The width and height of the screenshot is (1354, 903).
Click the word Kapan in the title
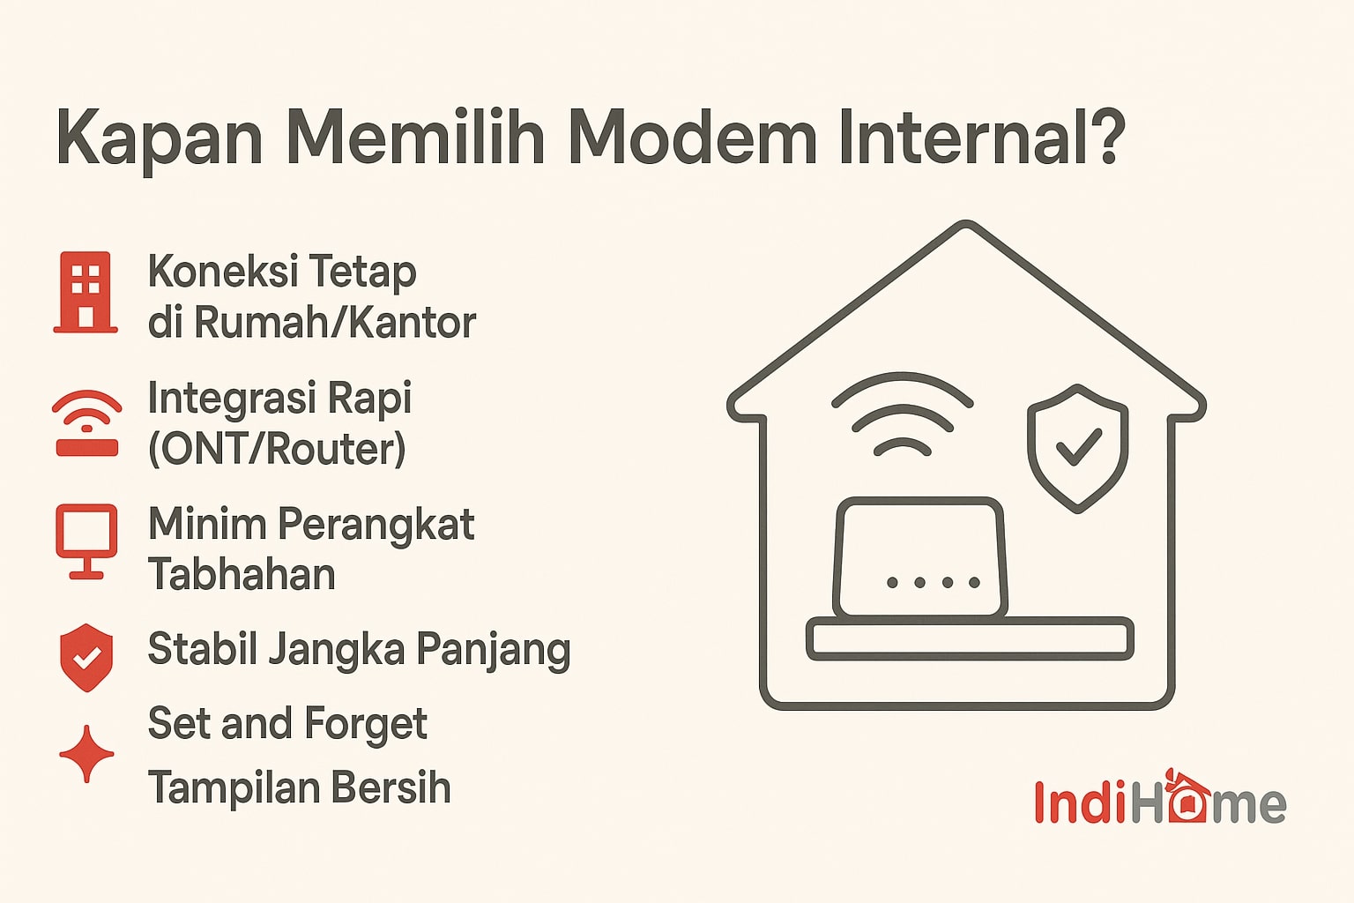pos(160,139)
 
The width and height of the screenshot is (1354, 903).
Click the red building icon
pos(86,292)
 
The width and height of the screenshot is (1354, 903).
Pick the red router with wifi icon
pos(86,423)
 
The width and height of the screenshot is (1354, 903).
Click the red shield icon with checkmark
pos(86,657)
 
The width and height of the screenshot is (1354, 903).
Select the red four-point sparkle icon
pos(86,754)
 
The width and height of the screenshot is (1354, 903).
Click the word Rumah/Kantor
pos(335,323)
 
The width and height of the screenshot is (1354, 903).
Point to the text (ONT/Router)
pos(277,449)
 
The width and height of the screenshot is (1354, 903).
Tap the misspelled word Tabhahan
pos(242,575)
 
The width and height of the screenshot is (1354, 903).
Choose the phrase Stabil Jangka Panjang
pos(359,651)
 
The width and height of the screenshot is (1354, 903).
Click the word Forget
pos(364,725)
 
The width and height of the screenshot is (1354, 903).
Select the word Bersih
pos(402,787)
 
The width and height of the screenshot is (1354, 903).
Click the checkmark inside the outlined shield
pos(1078,446)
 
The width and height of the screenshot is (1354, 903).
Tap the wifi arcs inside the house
pos(902,414)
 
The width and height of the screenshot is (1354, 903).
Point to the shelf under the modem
pos(970,639)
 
